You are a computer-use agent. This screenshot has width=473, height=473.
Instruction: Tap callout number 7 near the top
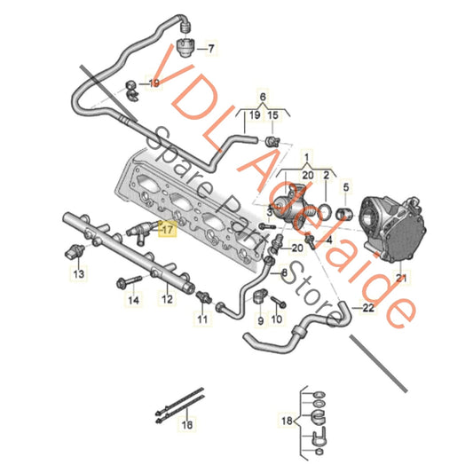[210, 46]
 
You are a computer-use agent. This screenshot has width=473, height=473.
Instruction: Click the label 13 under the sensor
[77, 275]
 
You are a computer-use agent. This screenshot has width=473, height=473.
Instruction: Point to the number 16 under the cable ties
[186, 425]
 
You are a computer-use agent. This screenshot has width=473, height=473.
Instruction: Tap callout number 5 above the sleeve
[347, 187]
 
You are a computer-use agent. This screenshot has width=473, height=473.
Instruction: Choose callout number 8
[285, 272]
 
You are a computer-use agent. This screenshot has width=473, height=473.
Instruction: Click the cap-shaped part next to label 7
[185, 46]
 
